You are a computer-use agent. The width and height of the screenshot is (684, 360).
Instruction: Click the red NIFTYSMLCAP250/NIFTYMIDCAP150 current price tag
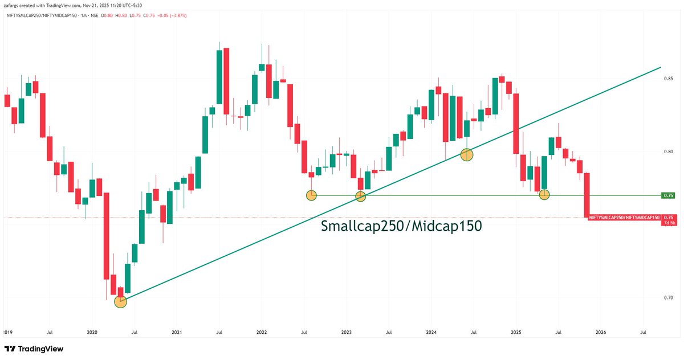(625, 218)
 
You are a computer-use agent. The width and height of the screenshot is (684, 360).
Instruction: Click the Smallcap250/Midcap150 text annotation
(402, 226)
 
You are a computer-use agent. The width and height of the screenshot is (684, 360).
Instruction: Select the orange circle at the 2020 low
(120, 301)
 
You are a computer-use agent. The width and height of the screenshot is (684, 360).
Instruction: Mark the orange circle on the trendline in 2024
(466, 154)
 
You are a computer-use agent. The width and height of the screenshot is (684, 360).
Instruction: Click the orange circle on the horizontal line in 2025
(544, 195)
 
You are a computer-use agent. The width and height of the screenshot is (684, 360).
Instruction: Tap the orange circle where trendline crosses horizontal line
(360, 197)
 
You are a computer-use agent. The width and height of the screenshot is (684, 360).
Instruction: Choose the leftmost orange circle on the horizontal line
(311, 195)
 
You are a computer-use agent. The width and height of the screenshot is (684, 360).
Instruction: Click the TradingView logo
(34, 349)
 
